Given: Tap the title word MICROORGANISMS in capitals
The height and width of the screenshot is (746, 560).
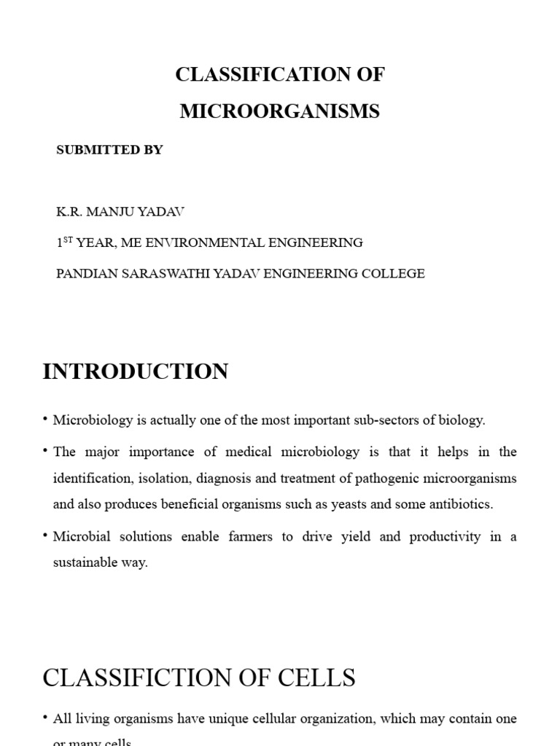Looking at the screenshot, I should coord(280,111).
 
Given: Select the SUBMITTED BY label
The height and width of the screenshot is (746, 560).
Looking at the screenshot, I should coord(109,150).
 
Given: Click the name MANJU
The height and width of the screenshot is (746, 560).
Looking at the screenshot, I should coord(119,212).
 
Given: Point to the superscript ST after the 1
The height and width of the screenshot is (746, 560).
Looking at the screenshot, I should coord(68,240).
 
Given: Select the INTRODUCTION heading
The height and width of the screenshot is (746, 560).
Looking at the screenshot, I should coord(135,372).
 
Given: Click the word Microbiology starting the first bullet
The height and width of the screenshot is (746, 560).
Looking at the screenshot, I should coord(93,420).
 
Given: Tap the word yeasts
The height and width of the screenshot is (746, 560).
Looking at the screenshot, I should coord(321,504).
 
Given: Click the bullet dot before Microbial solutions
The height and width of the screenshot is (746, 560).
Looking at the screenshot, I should coord(46,535).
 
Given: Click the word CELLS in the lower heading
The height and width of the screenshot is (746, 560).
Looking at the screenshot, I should coord(318,678).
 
